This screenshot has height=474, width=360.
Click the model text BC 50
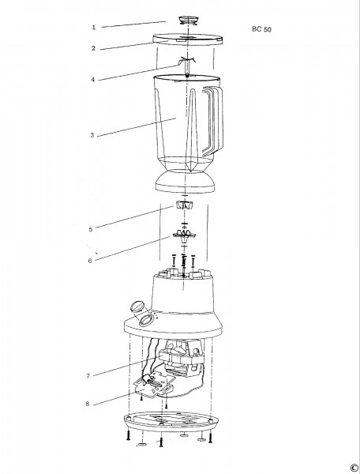(x=261, y=29)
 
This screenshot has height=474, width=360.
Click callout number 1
(x=94, y=28)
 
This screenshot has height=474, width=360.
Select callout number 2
(x=94, y=48)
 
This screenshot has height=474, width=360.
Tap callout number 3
(x=92, y=135)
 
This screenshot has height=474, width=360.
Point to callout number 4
(x=93, y=80)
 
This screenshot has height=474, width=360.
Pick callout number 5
(x=91, y=229)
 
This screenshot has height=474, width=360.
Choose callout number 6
(x=90, y=261)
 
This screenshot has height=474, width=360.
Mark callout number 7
(x=88, y=376)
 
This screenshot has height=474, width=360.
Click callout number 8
(x=88, y=404)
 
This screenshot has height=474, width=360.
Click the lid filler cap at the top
(x=188, y=21)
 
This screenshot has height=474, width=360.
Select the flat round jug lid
(x=188, y=39)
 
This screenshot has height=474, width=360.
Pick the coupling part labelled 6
(x=184, y=235)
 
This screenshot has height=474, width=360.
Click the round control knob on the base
(x=137, y=308)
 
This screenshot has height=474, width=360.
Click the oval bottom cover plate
(x=171, y=421)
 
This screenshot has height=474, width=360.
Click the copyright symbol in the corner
(x=354, y=467)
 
